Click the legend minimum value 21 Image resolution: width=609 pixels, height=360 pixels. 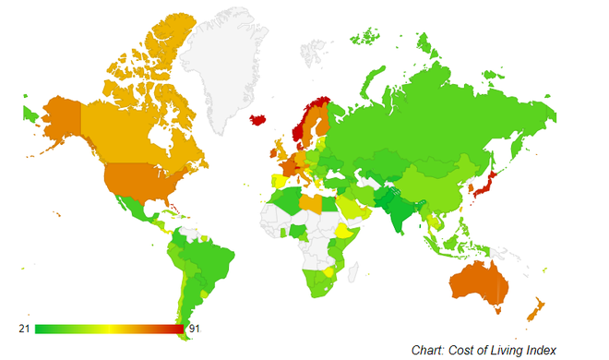[x=26, y=328]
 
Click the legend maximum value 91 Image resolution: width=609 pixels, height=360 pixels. [x=194, y=328]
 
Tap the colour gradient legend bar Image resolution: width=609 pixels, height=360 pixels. [x=109, y=328]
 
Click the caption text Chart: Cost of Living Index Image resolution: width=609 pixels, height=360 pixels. [x=484, y=348]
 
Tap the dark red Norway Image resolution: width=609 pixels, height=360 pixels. [x=301, y=125]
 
